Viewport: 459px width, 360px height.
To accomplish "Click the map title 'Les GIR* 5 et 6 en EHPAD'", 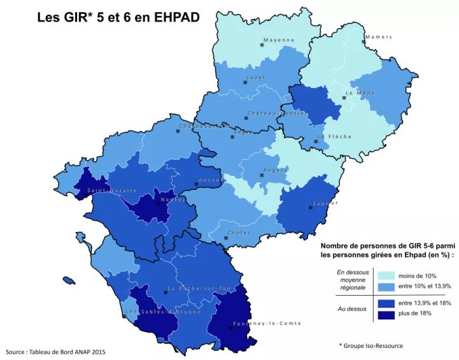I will (118, 17).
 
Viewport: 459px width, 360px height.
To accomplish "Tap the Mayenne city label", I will (279, 40).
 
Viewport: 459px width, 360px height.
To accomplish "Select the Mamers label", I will (379, 37).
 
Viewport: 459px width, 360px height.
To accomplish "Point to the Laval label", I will (255, 78).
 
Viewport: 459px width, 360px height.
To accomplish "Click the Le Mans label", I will (360, 93).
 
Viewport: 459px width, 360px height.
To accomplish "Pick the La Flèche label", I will (335, 136).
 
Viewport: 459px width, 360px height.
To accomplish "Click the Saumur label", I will (325, 203).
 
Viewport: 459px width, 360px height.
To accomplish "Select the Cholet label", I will (239, 233).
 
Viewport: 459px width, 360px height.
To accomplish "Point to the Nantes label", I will (173, 199).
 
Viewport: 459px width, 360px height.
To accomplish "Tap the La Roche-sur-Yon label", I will (199, 288).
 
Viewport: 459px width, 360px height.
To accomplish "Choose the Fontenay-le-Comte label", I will (267, 323).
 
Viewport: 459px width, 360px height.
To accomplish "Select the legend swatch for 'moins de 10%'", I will (386, 275).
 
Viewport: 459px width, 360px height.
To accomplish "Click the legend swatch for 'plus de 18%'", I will (386, 313).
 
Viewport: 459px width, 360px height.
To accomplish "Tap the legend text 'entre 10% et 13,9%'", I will (425, 285).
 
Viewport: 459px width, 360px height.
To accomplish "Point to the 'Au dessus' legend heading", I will (352, 309).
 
